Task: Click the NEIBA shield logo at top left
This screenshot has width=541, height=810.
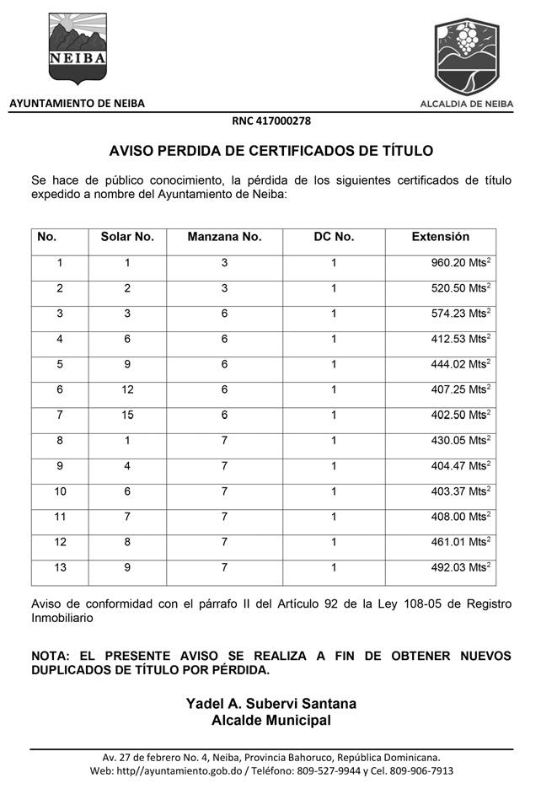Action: tap(78, 47)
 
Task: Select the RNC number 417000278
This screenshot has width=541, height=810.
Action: tap(271, 121)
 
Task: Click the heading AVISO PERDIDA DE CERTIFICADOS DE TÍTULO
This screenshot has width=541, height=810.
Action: tap(271, 152)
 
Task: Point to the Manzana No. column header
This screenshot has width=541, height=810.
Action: tap(224, 238)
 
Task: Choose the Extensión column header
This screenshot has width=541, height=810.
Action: tap(440, 238)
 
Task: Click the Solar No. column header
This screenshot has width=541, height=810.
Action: tap(127, 238)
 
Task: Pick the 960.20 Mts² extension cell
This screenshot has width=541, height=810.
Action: tap(460, 263)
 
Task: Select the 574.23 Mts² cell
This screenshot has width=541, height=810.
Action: tap(460, 314)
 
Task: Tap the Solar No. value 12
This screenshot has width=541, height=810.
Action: tap(127, 390)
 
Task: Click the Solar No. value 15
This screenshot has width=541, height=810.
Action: tap(127, 416)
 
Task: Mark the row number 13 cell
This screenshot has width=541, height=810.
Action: tap(60, 568)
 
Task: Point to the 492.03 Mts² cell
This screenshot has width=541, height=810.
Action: tap(460, 568)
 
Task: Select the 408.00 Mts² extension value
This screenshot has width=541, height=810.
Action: tap(460, 518)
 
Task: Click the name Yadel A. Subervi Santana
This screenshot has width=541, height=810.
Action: tap(271, 704)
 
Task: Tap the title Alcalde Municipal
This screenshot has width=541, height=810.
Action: tap(271, 721)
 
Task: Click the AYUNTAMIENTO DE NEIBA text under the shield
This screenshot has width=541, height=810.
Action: tap(77, 104)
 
